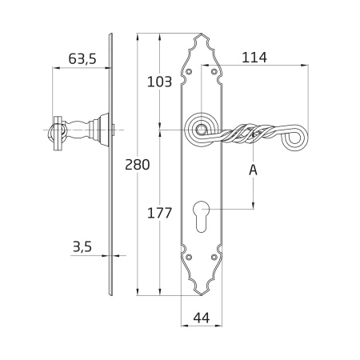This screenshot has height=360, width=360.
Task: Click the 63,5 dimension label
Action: tap(82, 58)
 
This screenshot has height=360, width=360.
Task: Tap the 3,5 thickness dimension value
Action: tap(82, 246)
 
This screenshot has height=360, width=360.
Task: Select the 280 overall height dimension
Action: tap(138, 165)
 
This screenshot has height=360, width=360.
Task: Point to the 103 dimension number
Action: tap(159, 82)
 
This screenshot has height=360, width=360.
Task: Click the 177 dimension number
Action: tap(159, 213)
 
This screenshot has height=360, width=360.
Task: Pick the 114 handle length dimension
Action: tap(254, 58)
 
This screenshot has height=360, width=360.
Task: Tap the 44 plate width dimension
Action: tap(202, 318)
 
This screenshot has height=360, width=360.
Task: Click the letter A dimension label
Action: tap(253, 170)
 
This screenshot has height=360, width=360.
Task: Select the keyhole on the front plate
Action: tap(202, 216)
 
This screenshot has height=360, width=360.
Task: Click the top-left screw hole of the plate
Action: tap(189, 71)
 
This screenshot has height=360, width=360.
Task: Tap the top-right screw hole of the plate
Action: tap(214, 71)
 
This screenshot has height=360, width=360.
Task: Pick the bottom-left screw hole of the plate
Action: tap(189, 257)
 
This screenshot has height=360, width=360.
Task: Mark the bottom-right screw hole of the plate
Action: tap(214, 257)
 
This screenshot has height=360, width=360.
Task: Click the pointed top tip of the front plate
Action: tap(202, 34)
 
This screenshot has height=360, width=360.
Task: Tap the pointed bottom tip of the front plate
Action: tap(202, 295)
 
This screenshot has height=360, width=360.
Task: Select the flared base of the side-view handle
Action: tap(102, 130)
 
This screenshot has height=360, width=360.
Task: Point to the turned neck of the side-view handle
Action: tap(78, 130)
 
